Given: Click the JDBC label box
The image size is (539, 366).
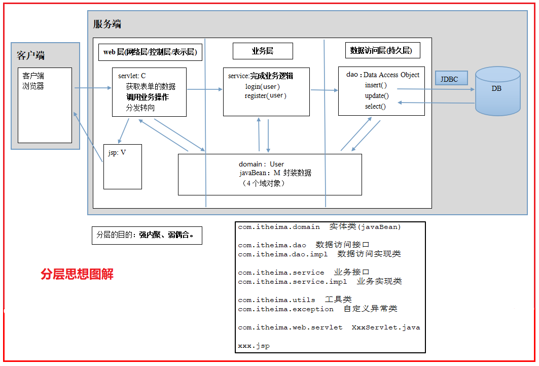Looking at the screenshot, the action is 451,78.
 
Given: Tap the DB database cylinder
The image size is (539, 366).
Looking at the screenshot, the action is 497,91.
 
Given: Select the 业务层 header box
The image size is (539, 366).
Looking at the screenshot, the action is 263,51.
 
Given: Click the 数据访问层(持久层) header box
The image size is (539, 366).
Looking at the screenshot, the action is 383,50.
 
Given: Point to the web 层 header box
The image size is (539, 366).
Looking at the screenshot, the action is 150,52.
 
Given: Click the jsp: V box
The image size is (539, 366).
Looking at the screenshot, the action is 123,167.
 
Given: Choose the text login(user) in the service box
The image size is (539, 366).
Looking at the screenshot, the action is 262,86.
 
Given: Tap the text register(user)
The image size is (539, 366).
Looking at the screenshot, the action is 265,95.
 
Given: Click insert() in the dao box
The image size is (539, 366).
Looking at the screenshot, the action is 376,85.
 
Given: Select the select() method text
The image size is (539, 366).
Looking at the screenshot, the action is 375,106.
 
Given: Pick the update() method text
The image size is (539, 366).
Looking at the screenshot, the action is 377,95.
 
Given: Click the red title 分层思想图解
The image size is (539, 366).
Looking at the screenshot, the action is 77,274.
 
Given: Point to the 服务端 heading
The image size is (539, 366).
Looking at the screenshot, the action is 107,24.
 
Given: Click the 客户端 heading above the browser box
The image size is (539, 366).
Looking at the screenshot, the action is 30,55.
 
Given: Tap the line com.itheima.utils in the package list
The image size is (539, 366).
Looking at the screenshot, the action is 276,300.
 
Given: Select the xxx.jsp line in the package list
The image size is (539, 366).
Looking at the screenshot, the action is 254,346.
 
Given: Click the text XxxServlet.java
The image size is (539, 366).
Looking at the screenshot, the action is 386,327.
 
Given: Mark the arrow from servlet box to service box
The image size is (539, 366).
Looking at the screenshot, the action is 205,89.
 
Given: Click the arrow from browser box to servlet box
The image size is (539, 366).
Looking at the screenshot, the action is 93,88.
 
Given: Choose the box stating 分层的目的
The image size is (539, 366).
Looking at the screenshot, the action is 147,236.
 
